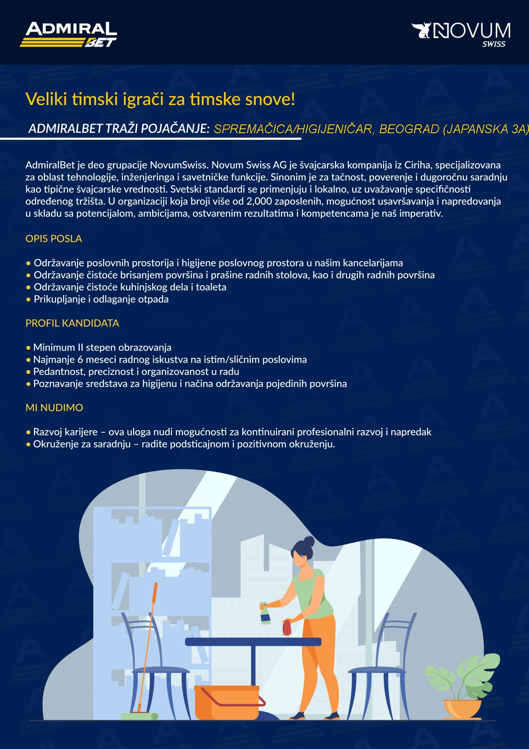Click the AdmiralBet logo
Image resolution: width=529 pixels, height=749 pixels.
point(68,34)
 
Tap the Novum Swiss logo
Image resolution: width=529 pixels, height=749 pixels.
point(461,35)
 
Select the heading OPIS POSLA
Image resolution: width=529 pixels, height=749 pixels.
point(54,238)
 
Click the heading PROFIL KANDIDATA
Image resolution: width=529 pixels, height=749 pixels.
point(72,323)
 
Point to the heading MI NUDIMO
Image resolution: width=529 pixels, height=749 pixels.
point(54,408)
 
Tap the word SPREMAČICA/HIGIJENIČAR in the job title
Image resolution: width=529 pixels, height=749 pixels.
point(294,129)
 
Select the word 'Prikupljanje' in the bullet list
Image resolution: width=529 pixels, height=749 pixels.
point(60,299)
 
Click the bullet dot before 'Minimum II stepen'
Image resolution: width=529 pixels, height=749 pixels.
point(28,348)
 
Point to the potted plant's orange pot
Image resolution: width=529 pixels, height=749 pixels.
point(462,709)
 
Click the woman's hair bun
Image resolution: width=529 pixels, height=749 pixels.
point(309,541)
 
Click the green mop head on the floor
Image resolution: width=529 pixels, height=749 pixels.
point(139,716)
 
